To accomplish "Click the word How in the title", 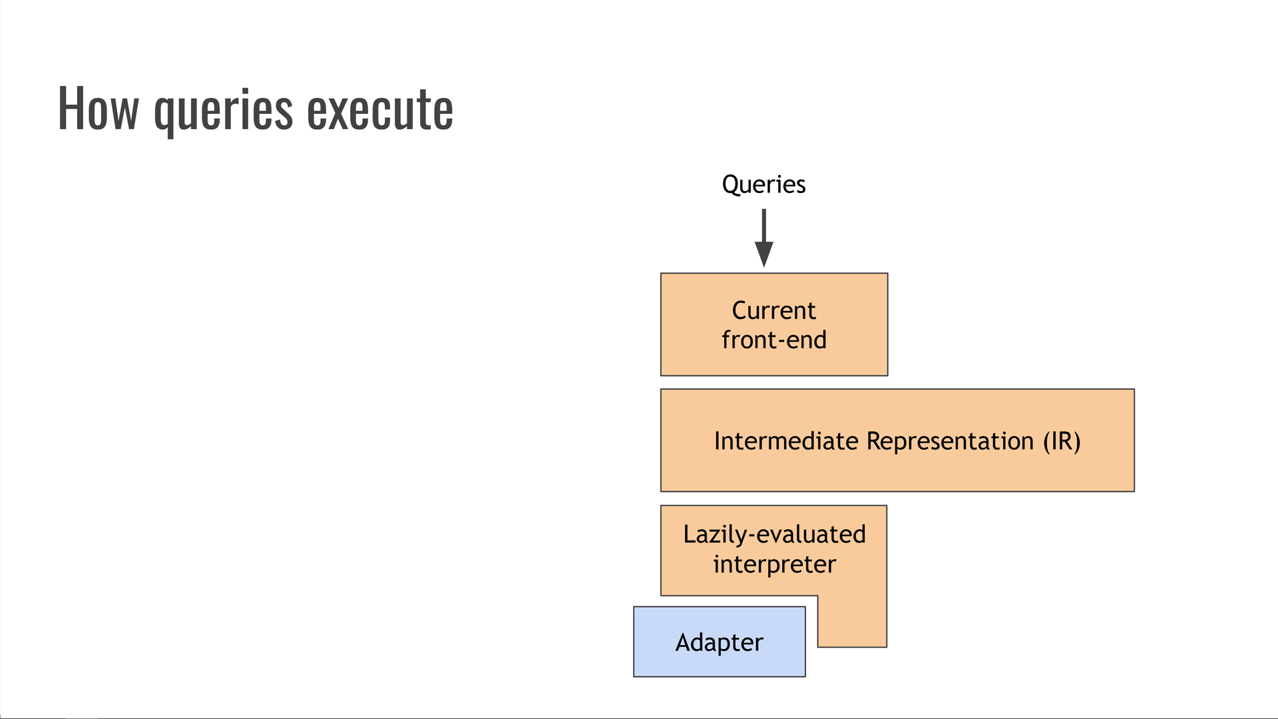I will [x=98, y=109].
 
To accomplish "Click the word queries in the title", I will [x=223, y=110].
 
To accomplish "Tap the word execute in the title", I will [x=379, y=109].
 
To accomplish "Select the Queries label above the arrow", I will [x=763, y=184].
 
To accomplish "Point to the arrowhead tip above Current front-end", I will [x=763, y=266].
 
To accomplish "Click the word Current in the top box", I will [x=773, y=310].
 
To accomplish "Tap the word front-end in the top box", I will [x=773, y=340].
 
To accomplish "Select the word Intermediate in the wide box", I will [x=785, y=441].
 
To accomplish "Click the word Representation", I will [x=950, y=441].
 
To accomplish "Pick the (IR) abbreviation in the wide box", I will [x=1062, y=441].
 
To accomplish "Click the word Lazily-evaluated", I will [x=774, y=535].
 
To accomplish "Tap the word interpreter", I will [x=774, y=565].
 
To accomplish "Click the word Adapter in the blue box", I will [x=719, y=642].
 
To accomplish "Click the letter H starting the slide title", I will [x=69, y=109].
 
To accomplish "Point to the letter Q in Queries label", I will [x=731, y=184].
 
